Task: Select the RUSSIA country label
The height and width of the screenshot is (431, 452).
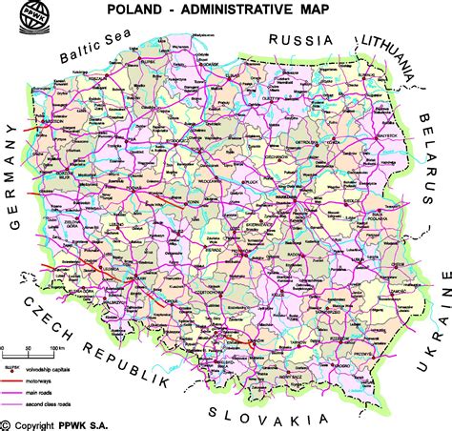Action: (x=300, y=39)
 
